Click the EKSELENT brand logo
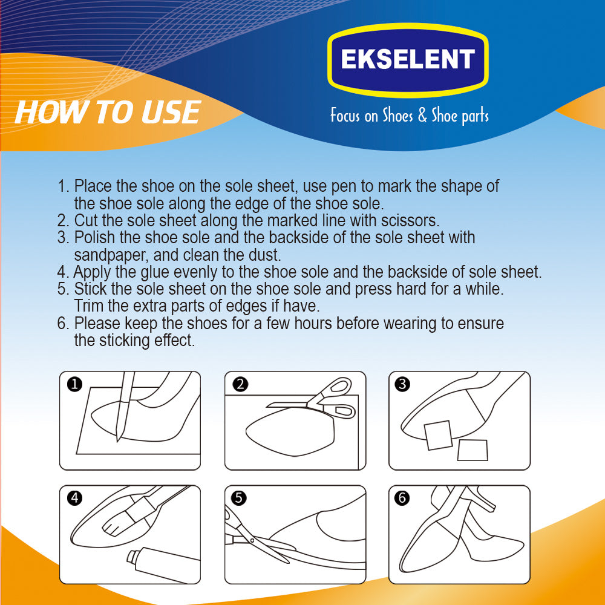click(408, 60)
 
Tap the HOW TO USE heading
click(108, 113)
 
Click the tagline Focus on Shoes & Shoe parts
click(410, 116)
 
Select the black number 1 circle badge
click(74, 384)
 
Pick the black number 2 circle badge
click(240, 384)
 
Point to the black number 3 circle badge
click(403, 384)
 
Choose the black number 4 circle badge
click(74, 498)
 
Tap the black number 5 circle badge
click(239, 498)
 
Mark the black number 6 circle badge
click(402, 498)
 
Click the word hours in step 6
click(313, 323)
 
